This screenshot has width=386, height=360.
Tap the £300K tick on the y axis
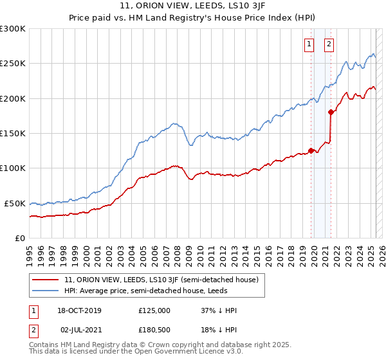[13, 29]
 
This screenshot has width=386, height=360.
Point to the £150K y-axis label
[13, 133]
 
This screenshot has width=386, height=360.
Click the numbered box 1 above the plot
[309, 44]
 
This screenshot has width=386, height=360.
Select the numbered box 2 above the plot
[329, 44]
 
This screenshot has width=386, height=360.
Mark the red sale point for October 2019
[311, 151]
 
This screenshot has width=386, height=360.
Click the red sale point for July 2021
[331, 112]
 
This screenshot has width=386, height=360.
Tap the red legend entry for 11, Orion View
[161, 280]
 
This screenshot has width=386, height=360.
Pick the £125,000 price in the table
[154, 310]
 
